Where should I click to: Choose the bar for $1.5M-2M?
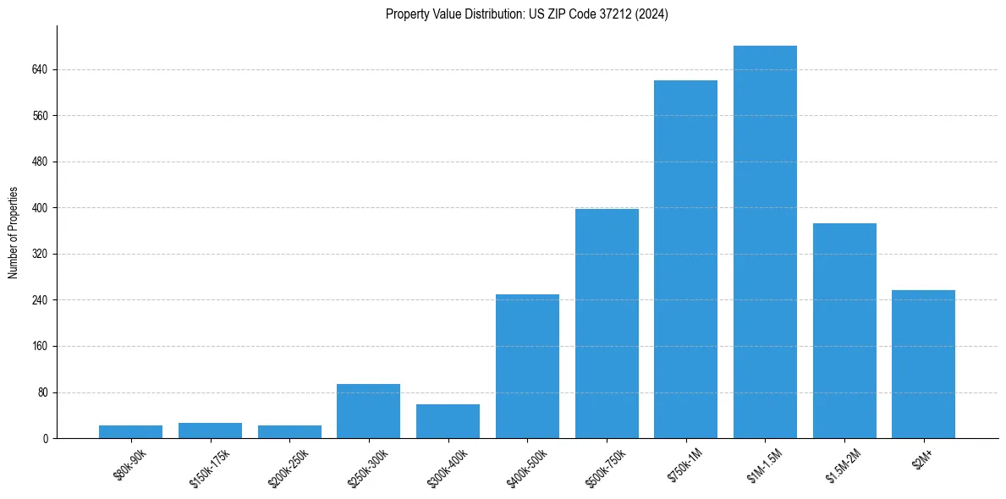[844, 331]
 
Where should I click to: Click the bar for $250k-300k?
[368, 411]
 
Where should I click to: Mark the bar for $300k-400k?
[448, 421]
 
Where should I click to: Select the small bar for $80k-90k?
[130, 431]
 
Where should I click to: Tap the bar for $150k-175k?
[210, 430]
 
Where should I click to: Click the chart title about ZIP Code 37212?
[526, 14]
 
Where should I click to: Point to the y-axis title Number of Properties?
[14, 232]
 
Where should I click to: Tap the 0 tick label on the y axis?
[45, 438]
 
